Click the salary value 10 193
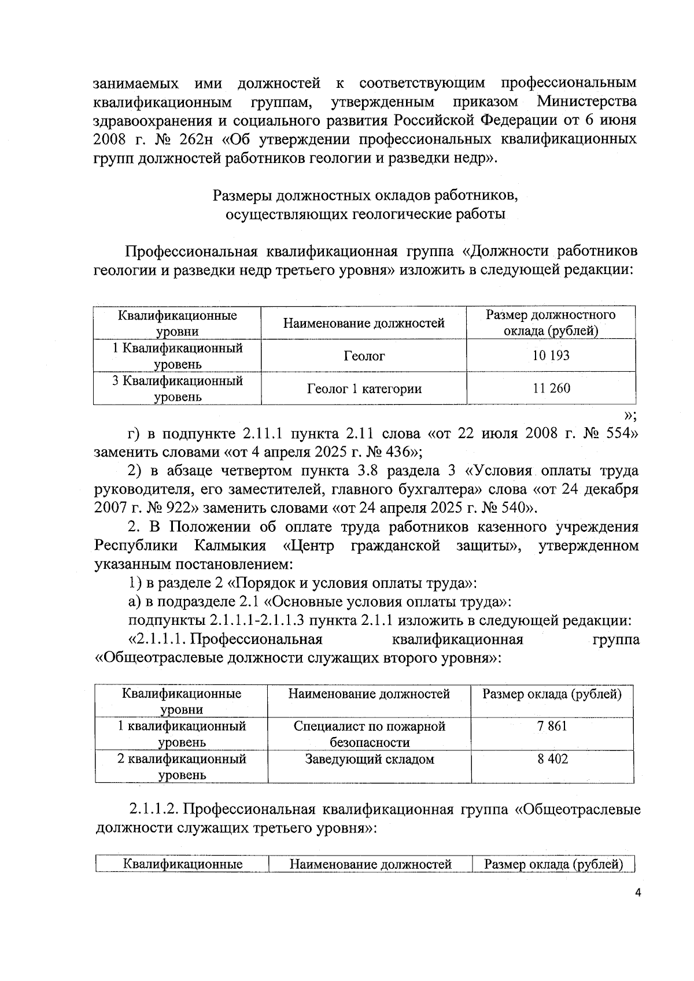click(551, 356)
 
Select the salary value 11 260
click(551, 388)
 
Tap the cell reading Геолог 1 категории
click(364, 389)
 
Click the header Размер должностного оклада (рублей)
click(551, 323)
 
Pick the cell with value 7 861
click(552, 726)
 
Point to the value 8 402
click(552, 759)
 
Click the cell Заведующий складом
click(369, 759)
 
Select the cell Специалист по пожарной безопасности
click(369, 734)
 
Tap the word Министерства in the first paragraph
click(586, 102)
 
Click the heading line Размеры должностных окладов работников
click(366, 195)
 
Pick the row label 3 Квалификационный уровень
click(177, 388)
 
